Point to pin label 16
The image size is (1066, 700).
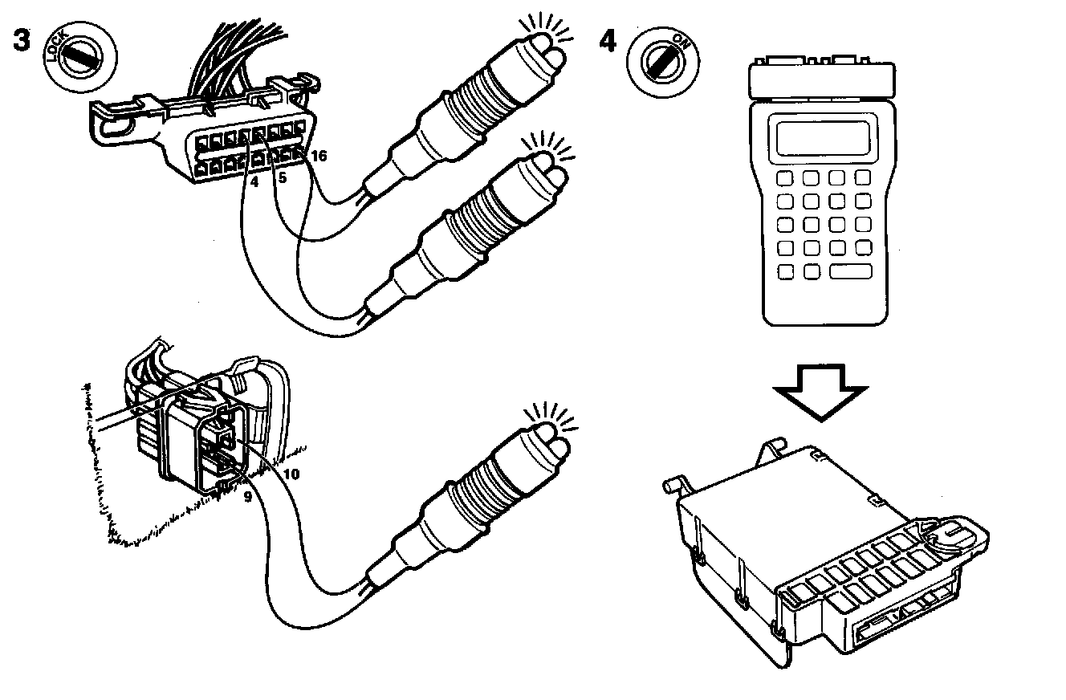pyautogui.click(x=319, y=157)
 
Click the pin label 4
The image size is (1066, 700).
pyautogui.click(x=254, y=182)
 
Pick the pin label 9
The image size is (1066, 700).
pyautogui.click(x=248, y=497)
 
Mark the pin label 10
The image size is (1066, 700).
pyautogui.click(x=291, y=474)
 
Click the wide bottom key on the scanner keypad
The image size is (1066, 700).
pyautogui.click(x=850, y=271)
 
